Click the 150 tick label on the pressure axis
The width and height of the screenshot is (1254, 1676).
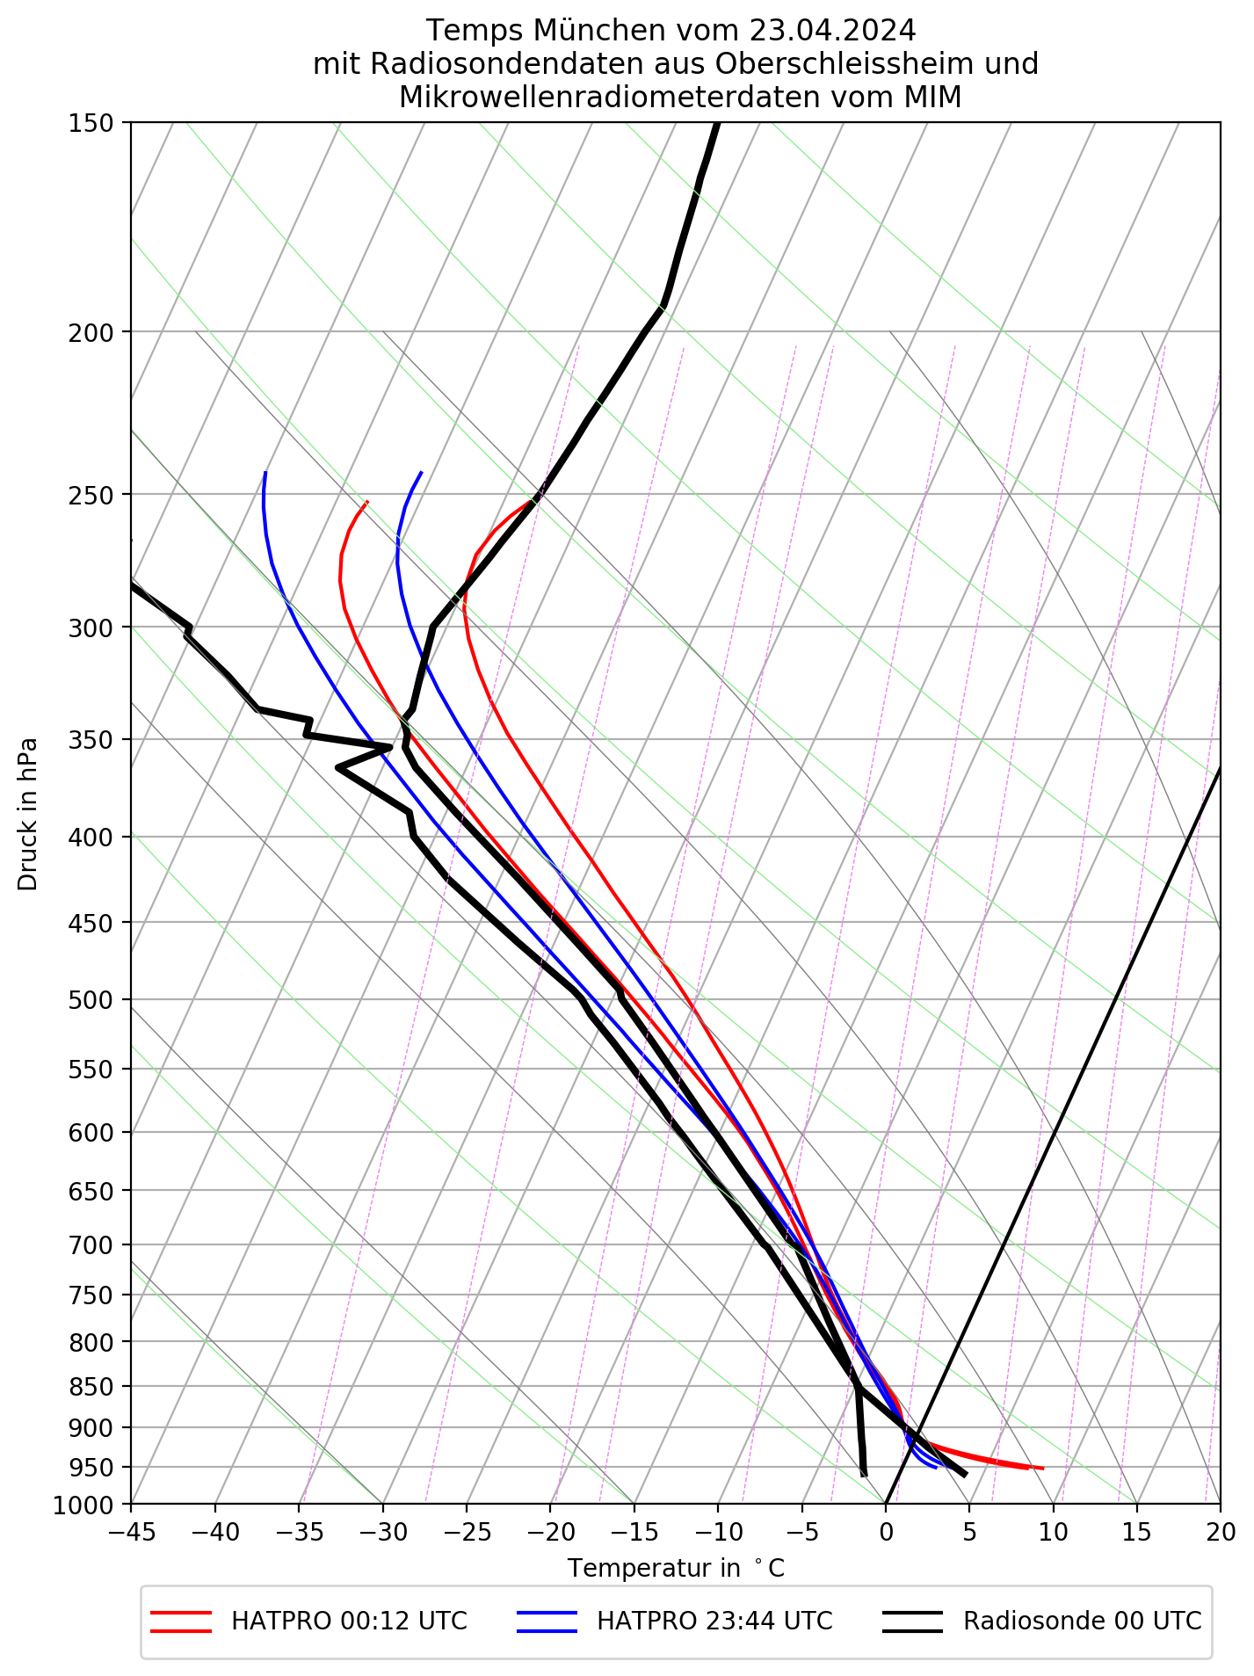coord(91,123)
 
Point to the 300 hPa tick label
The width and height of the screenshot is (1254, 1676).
coord(91,628)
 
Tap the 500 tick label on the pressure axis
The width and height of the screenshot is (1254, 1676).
coord(91,1000)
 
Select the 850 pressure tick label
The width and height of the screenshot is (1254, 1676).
coord(91,1387)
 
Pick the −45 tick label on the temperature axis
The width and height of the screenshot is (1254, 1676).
coord(131,1533)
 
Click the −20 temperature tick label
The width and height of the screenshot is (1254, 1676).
coord(550,1533)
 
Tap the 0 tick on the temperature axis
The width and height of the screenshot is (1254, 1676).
coord(886,1533)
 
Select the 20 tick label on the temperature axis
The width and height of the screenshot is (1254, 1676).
coord(1220,1533)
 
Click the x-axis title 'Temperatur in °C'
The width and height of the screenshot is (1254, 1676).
coord(675,1568)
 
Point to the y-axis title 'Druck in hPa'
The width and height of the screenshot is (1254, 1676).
coord(28,813)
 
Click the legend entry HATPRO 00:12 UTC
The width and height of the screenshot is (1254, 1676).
coord(349,1621)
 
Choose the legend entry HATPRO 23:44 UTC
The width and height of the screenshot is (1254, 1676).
coord(714,1621)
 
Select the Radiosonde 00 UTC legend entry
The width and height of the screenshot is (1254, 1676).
coord(1081,1621)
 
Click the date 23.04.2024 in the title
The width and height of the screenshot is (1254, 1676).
coord(833,31)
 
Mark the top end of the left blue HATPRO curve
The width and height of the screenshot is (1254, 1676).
coord(265,473)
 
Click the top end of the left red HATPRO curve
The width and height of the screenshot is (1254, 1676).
coord(367,501)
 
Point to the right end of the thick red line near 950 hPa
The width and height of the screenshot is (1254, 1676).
coord(1042,1469)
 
